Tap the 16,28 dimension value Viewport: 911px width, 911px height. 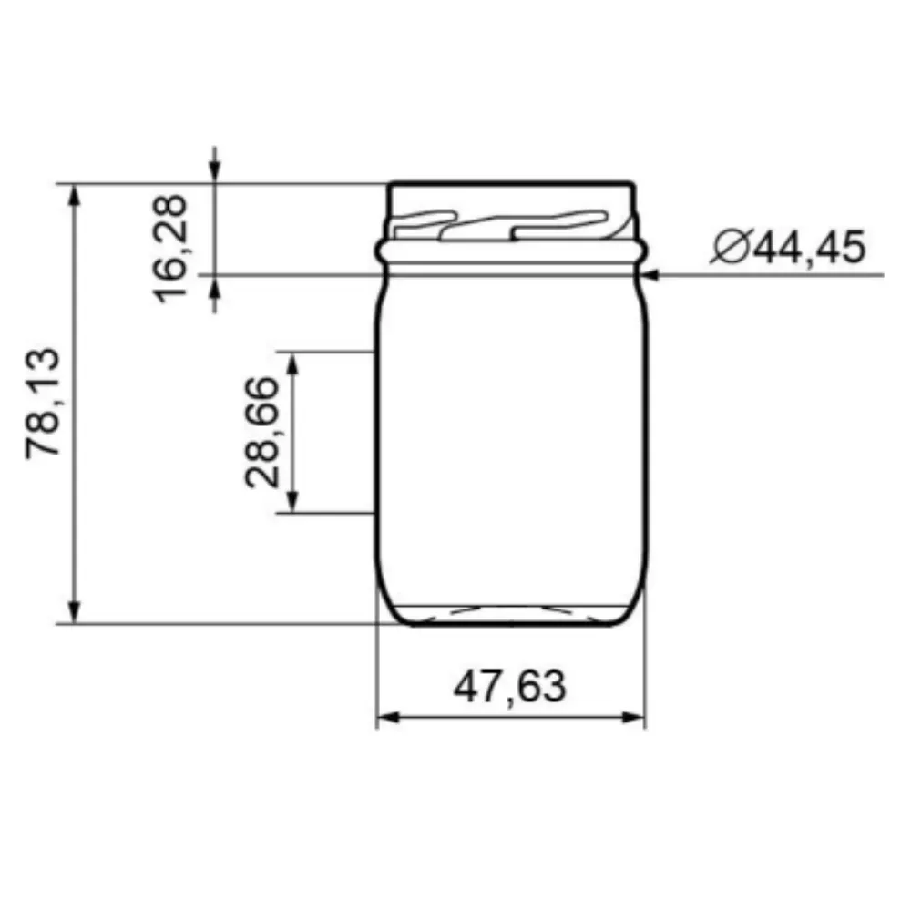173,248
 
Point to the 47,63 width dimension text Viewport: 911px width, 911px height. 509,686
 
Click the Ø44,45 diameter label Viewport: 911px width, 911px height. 787,247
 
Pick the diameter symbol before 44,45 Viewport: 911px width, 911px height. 731,247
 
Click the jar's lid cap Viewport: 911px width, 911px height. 510,195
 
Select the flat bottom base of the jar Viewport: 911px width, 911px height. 510,622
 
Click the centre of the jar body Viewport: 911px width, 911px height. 511,437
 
